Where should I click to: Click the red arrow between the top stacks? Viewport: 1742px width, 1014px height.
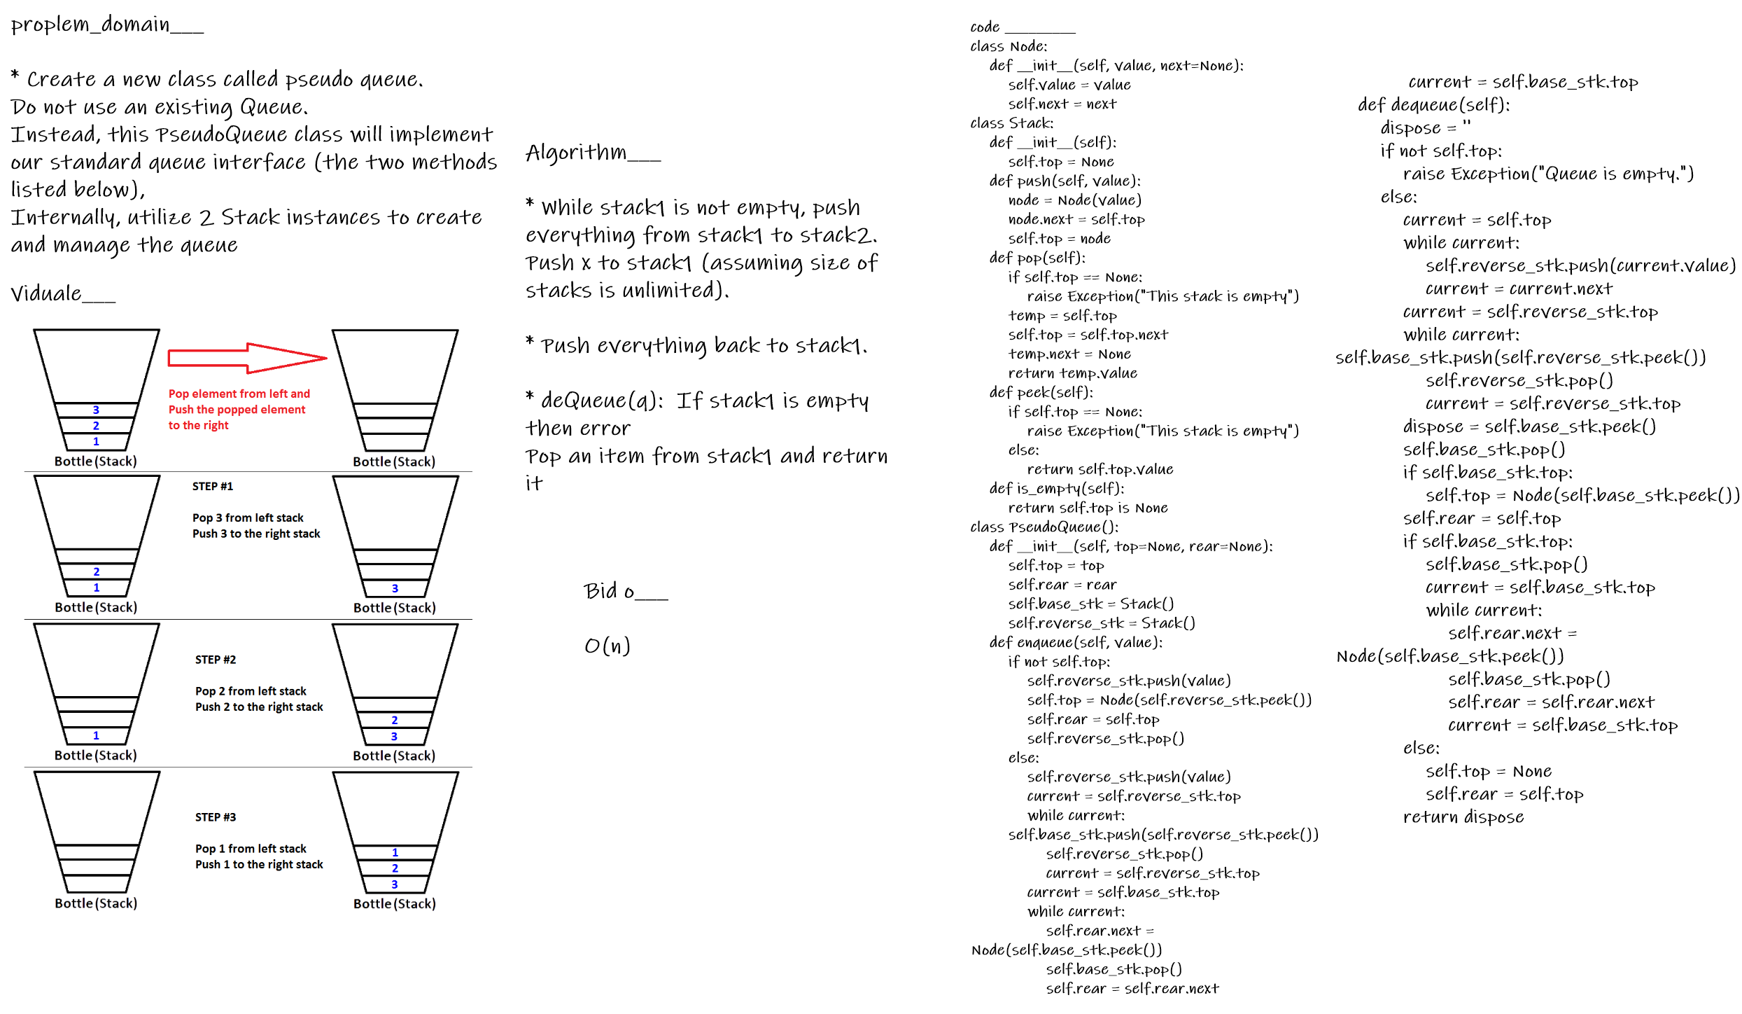point(247,358)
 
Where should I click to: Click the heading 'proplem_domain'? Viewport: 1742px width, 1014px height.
point(91,25)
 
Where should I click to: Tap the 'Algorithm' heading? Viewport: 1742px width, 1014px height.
point(577,152)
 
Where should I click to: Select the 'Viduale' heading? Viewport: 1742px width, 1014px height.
point(46,293)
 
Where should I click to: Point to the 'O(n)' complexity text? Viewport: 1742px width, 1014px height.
point(607,646)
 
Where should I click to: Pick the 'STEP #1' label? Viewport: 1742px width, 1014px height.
point(213,486)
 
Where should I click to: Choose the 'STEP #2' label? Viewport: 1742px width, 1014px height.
point(216,660)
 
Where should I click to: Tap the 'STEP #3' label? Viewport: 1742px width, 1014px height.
point(216,817)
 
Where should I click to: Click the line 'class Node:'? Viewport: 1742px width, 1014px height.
point(1009,46)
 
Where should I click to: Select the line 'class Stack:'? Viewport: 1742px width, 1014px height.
point(1011,123)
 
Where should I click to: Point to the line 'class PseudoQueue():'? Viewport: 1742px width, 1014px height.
point(1044,527)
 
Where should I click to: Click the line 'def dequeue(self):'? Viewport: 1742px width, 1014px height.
point(1433,105)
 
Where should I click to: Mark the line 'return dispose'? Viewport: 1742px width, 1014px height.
point(1463,817)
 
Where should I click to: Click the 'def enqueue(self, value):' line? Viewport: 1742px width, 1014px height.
point(1075,642)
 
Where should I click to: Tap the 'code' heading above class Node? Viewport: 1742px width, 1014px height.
point(985,27)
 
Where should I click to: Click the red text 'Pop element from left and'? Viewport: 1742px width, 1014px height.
point(239,394)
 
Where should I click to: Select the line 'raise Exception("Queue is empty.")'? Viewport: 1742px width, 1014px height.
point(1548,174)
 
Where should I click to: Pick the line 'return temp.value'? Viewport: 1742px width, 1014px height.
point(1072,373)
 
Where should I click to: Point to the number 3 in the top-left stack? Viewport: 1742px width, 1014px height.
point(96,410)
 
